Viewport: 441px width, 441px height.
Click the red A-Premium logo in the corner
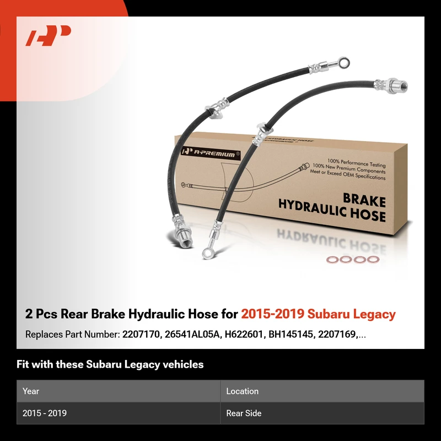click(48, 35)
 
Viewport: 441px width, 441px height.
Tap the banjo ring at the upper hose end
click(344, 62)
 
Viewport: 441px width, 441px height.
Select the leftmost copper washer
click(333, 260)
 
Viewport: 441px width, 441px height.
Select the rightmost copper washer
click(373, 259)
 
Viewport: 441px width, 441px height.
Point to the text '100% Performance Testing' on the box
click(356, 163)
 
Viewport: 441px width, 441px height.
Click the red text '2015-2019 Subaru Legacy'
click(319, 314)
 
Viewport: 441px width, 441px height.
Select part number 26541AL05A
click(192, 335)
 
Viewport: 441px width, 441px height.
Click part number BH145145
click(291, 335)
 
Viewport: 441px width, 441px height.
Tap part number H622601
click(244, 335)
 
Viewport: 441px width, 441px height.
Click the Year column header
click(31, 391)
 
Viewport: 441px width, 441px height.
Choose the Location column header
click(243, 391)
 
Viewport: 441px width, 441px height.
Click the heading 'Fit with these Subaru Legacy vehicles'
click(110, 364)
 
